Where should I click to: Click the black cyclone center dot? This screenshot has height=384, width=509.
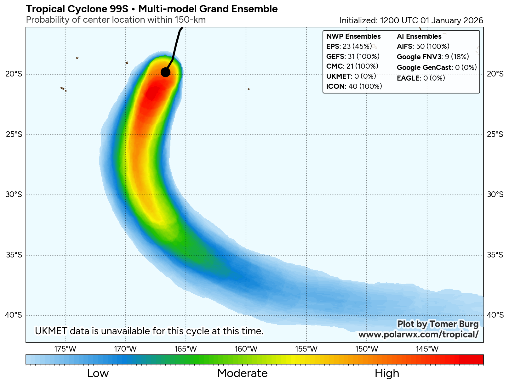coord(165,72)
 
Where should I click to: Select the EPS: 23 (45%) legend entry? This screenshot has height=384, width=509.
coord(349,47)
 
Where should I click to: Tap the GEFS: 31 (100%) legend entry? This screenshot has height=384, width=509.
coord(353,57)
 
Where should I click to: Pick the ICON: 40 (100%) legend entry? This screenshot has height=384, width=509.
coord(354,87)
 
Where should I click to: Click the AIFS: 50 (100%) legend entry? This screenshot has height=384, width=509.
coord(423,47)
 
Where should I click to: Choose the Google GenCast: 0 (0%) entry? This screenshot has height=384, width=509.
coord(437,68)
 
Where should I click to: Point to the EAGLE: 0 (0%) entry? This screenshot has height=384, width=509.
coord(421,78)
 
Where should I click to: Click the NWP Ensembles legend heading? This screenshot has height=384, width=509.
coord(353,37)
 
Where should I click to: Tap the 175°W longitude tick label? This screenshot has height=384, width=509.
coord(65,349)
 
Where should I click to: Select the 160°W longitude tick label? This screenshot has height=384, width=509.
coord(246,349)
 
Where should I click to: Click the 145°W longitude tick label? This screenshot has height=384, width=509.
coord(427,349)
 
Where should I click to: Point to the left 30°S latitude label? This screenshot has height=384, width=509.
coord(14,195)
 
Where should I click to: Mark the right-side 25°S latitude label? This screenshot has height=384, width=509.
coord(495,134)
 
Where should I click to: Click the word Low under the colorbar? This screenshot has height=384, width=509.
coord(98,374)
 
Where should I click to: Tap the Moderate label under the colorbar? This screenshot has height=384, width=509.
coord(242,374)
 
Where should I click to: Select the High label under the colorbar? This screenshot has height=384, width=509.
coord(387,374)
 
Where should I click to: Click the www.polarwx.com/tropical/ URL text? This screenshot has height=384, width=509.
coord(418,335)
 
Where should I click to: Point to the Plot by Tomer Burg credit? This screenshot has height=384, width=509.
coord(438,324)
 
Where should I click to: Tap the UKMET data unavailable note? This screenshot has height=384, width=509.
coord(149,331)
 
